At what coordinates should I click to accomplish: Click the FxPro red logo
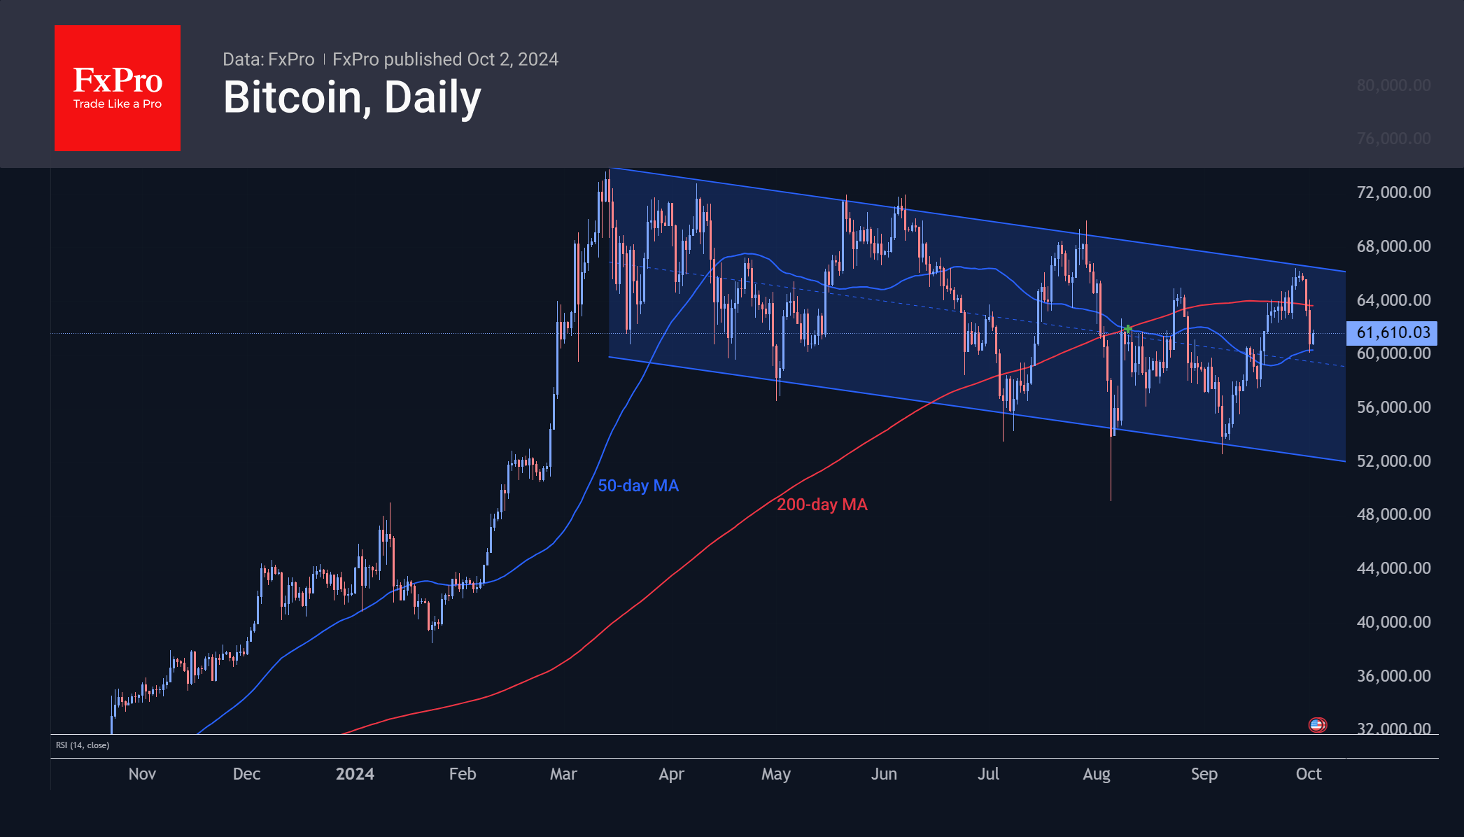tap(118, 88)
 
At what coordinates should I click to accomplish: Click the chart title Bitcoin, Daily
tap(352, 97)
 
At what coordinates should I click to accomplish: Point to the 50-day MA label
tap(638, 486)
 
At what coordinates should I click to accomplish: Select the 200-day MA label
tap(822, 505)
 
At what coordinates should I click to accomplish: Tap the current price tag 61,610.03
tap(1392, 332)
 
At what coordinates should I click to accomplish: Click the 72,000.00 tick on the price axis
tap(1393, 192)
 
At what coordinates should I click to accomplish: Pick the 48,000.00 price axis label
tap(1393, 514)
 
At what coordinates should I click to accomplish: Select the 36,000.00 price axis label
tap(1393, 676)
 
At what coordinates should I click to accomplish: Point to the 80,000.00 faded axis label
tap(1393, 85)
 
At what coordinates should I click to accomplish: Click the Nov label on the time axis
tap(142, 774)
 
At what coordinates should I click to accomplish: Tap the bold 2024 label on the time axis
tap(355, 774)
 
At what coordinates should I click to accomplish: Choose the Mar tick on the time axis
tap(563, 774)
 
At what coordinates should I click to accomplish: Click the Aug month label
tap(1097, 774)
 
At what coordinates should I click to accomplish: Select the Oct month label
tap(1309, 774)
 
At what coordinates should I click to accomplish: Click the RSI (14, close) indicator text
tap(83, 745)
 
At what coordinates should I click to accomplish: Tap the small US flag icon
tap(1318, 725)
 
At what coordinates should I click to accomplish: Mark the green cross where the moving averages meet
tap(1128, 328)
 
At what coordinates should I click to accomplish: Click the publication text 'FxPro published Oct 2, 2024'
tap(445, 59)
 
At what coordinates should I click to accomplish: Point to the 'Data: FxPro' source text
tap(269, 59)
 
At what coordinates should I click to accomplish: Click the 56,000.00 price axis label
tap(1393, 407)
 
